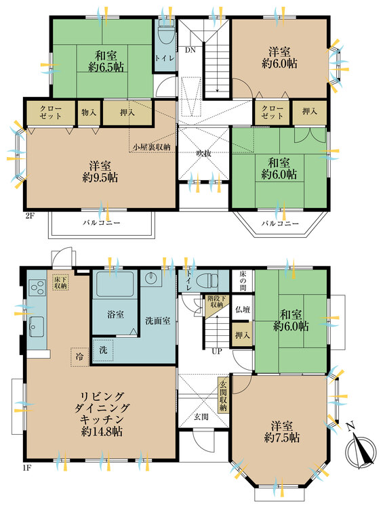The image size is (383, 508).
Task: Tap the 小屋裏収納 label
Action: pyautogui.click(x=151, y=146)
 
